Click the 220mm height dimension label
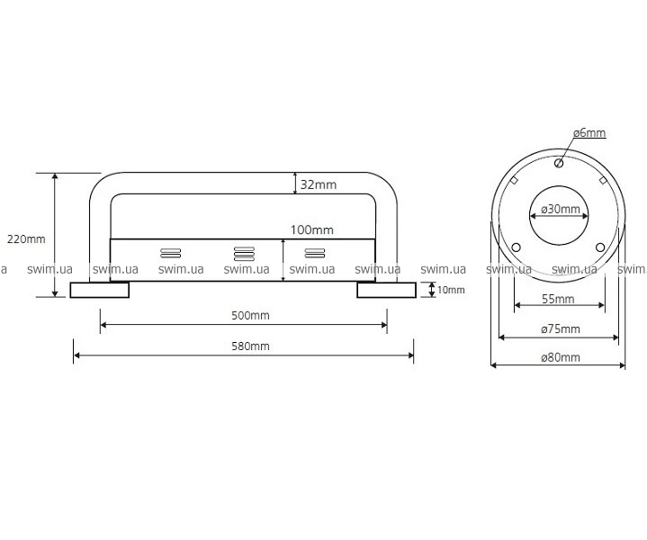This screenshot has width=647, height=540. point(26,239)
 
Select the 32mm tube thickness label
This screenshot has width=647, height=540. point(319,184)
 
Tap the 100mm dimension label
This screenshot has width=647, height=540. point(312,230)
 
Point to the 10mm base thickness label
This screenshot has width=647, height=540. point(451,290)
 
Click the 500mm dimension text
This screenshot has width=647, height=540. point(250,315)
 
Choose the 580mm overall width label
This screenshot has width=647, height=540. point(250,346)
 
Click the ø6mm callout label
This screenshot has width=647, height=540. point(589,133)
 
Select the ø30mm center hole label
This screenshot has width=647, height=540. point(561,210)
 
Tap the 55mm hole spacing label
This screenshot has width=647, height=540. point(558,299)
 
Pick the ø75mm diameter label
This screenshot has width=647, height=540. point(561,329)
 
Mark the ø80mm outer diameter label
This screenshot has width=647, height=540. point(561,357)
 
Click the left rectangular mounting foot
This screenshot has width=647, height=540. point(100,290)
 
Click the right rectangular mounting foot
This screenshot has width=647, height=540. point(387,290)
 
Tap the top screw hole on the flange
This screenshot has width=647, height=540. point(559,163)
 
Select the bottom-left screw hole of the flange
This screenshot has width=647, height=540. point(516,247)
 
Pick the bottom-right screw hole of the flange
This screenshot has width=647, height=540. point(600,247)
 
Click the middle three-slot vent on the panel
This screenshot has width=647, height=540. point(244,254)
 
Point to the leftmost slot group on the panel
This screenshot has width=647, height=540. point(170,253)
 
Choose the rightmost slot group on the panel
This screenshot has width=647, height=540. point(314,253)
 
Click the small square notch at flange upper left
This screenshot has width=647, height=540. point(514,180)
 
